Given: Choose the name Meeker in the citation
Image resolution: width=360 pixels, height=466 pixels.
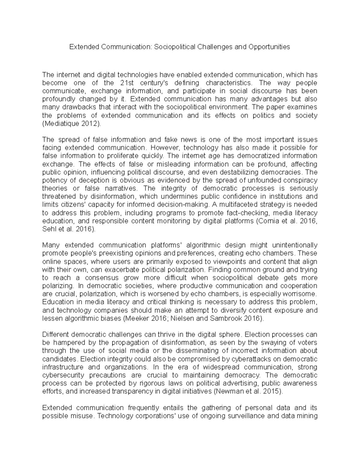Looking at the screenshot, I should (138, 318).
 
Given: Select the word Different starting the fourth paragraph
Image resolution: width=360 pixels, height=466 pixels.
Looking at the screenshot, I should (55, 335).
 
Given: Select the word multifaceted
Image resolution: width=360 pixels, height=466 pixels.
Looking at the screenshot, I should (234, 205).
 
